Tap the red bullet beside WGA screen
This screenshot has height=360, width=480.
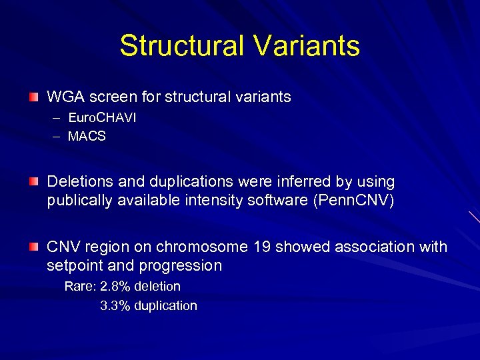click(x=33, y=97)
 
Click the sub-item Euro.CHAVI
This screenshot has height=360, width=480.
click(x=102, y=118)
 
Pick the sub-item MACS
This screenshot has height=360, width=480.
click(x=87, y=137)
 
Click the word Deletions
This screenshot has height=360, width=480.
click(x=79, y=182)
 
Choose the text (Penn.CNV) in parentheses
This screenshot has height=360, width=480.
click(x=353, y=201)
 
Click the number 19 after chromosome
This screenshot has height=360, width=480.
click(x=262, y=247)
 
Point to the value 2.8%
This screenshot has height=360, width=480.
click(x=115, y=287)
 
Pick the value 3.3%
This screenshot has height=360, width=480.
click(x=115, y=306)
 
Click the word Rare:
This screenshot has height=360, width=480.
click(x=80, y=287)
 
